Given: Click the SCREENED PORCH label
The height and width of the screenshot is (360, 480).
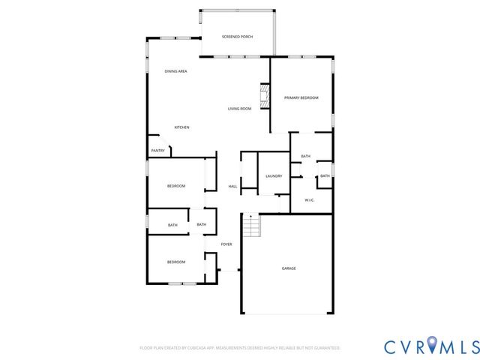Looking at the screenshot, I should click(x=237, y=37).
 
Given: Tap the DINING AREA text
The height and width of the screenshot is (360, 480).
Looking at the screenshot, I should click(x=175, y=71).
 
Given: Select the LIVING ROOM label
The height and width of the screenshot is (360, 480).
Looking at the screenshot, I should click(x=239, y=109).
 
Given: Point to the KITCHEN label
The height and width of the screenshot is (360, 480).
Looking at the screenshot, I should click(x=181, y=127).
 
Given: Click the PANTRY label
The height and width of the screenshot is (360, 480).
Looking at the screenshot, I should click(x=157, y=151).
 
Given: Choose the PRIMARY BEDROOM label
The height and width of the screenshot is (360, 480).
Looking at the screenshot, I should click(x=301, y=98).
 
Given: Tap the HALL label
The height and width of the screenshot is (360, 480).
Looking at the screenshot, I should click(x=232, y=186).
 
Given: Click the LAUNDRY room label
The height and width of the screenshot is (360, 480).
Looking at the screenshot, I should click(x=274, y=176).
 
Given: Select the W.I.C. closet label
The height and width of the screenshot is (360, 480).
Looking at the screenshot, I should click(x=309, y=200).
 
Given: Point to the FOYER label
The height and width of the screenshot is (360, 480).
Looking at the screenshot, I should click(x=226, y=244).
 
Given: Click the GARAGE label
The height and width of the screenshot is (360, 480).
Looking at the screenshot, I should click(x=289, y=268).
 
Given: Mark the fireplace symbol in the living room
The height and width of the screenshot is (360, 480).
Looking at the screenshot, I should click(x=264, y=96).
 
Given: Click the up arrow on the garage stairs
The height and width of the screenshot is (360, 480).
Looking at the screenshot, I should click(x=250, y=217).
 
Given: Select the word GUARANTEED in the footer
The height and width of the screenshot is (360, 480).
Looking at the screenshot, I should click(x=326, y=348).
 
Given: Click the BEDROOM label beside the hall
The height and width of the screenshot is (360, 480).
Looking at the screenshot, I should click(x=176, y=186).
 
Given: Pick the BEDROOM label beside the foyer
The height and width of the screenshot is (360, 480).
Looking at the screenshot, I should click(x=176, y=262).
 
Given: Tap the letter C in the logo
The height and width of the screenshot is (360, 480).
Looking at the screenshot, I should click(x=391, y=346).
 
